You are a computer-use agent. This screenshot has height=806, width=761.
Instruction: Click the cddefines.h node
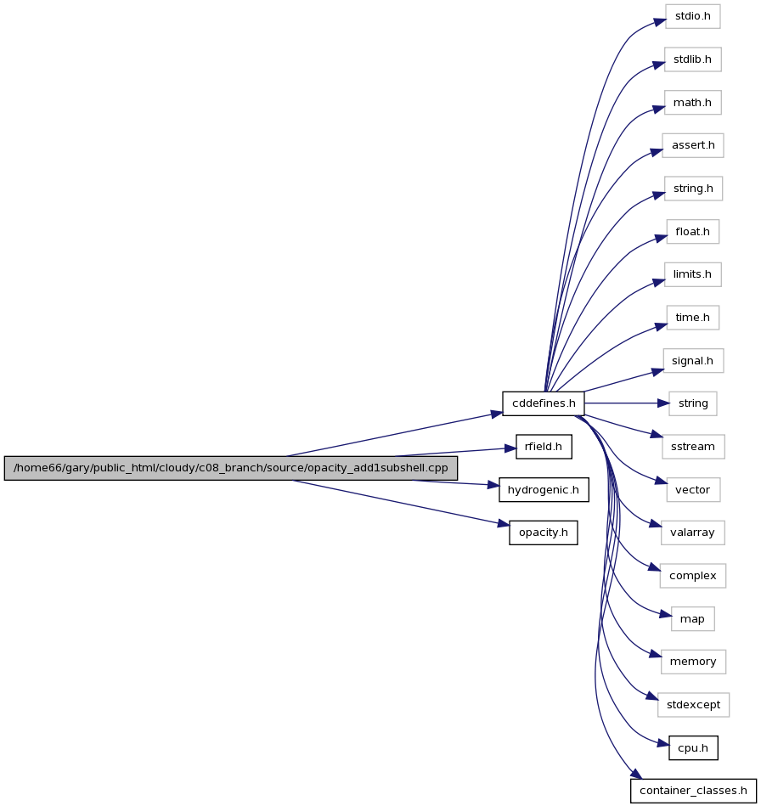[x=544, y=403]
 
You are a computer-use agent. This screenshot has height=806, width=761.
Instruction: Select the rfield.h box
[x=544, y=447]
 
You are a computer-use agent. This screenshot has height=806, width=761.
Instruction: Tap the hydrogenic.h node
[x=544, y=490]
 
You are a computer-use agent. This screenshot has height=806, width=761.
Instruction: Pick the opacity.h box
[x=544, y=533]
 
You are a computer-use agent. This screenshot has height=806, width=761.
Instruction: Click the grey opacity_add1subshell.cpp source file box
[x=231, y=468]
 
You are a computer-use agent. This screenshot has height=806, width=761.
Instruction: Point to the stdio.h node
[x=692, y=16]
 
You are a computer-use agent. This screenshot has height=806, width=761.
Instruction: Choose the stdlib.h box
[x=692, y=59]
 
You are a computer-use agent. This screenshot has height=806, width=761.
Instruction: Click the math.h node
[x=692, y=103]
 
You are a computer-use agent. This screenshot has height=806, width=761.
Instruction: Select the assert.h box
[x=693, y=145]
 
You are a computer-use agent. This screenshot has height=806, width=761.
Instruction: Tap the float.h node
[x=692, y=232]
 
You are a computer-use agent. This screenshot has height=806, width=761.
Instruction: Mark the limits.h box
[x=692, y=274]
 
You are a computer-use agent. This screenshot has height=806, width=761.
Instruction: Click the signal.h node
[x=692, y=361]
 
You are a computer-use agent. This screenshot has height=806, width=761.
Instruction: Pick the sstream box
[x=693, y=447]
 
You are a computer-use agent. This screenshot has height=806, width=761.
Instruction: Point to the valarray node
[x=692, y=533]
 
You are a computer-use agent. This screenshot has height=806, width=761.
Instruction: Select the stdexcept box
[x=693, y=705]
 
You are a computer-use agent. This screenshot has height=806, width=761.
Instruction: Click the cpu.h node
[x=693, y=748]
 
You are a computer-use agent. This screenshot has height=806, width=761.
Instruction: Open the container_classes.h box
[x=693, y=791]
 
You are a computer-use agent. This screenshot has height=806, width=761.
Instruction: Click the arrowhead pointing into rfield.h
[x=510, y=448]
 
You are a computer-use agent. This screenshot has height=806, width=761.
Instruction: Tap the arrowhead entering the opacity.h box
[x=504, y=524]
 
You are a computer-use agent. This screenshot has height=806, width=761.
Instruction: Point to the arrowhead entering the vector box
[x=662, y=481]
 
